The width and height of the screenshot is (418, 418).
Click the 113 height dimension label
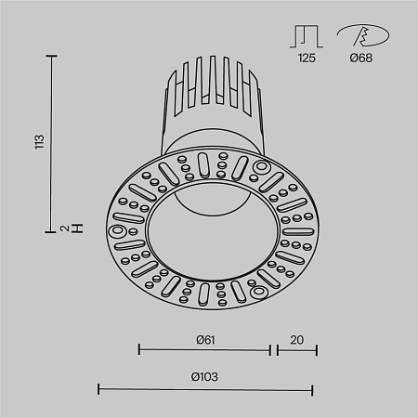[x=39, y=142]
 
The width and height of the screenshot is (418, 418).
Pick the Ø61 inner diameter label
[x=205, y=339]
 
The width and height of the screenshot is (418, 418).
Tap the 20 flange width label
[x=294, y=339]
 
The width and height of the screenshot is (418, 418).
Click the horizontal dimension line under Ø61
[x=204, y=350]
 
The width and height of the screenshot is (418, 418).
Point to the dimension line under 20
[x=294, y=350]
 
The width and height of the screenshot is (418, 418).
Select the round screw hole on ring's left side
[x=118, y=230]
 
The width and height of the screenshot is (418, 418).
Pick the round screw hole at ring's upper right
[x=260, y=169]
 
